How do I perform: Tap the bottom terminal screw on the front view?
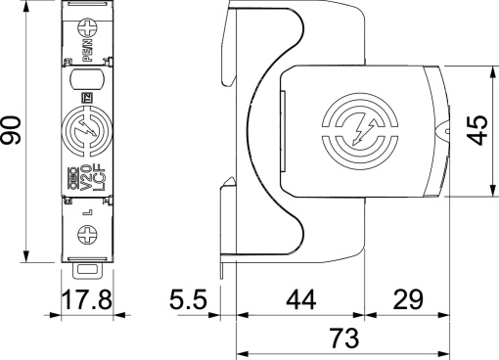(86, 236)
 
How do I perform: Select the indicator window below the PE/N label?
(86, 80)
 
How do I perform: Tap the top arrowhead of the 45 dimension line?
(490, 70)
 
